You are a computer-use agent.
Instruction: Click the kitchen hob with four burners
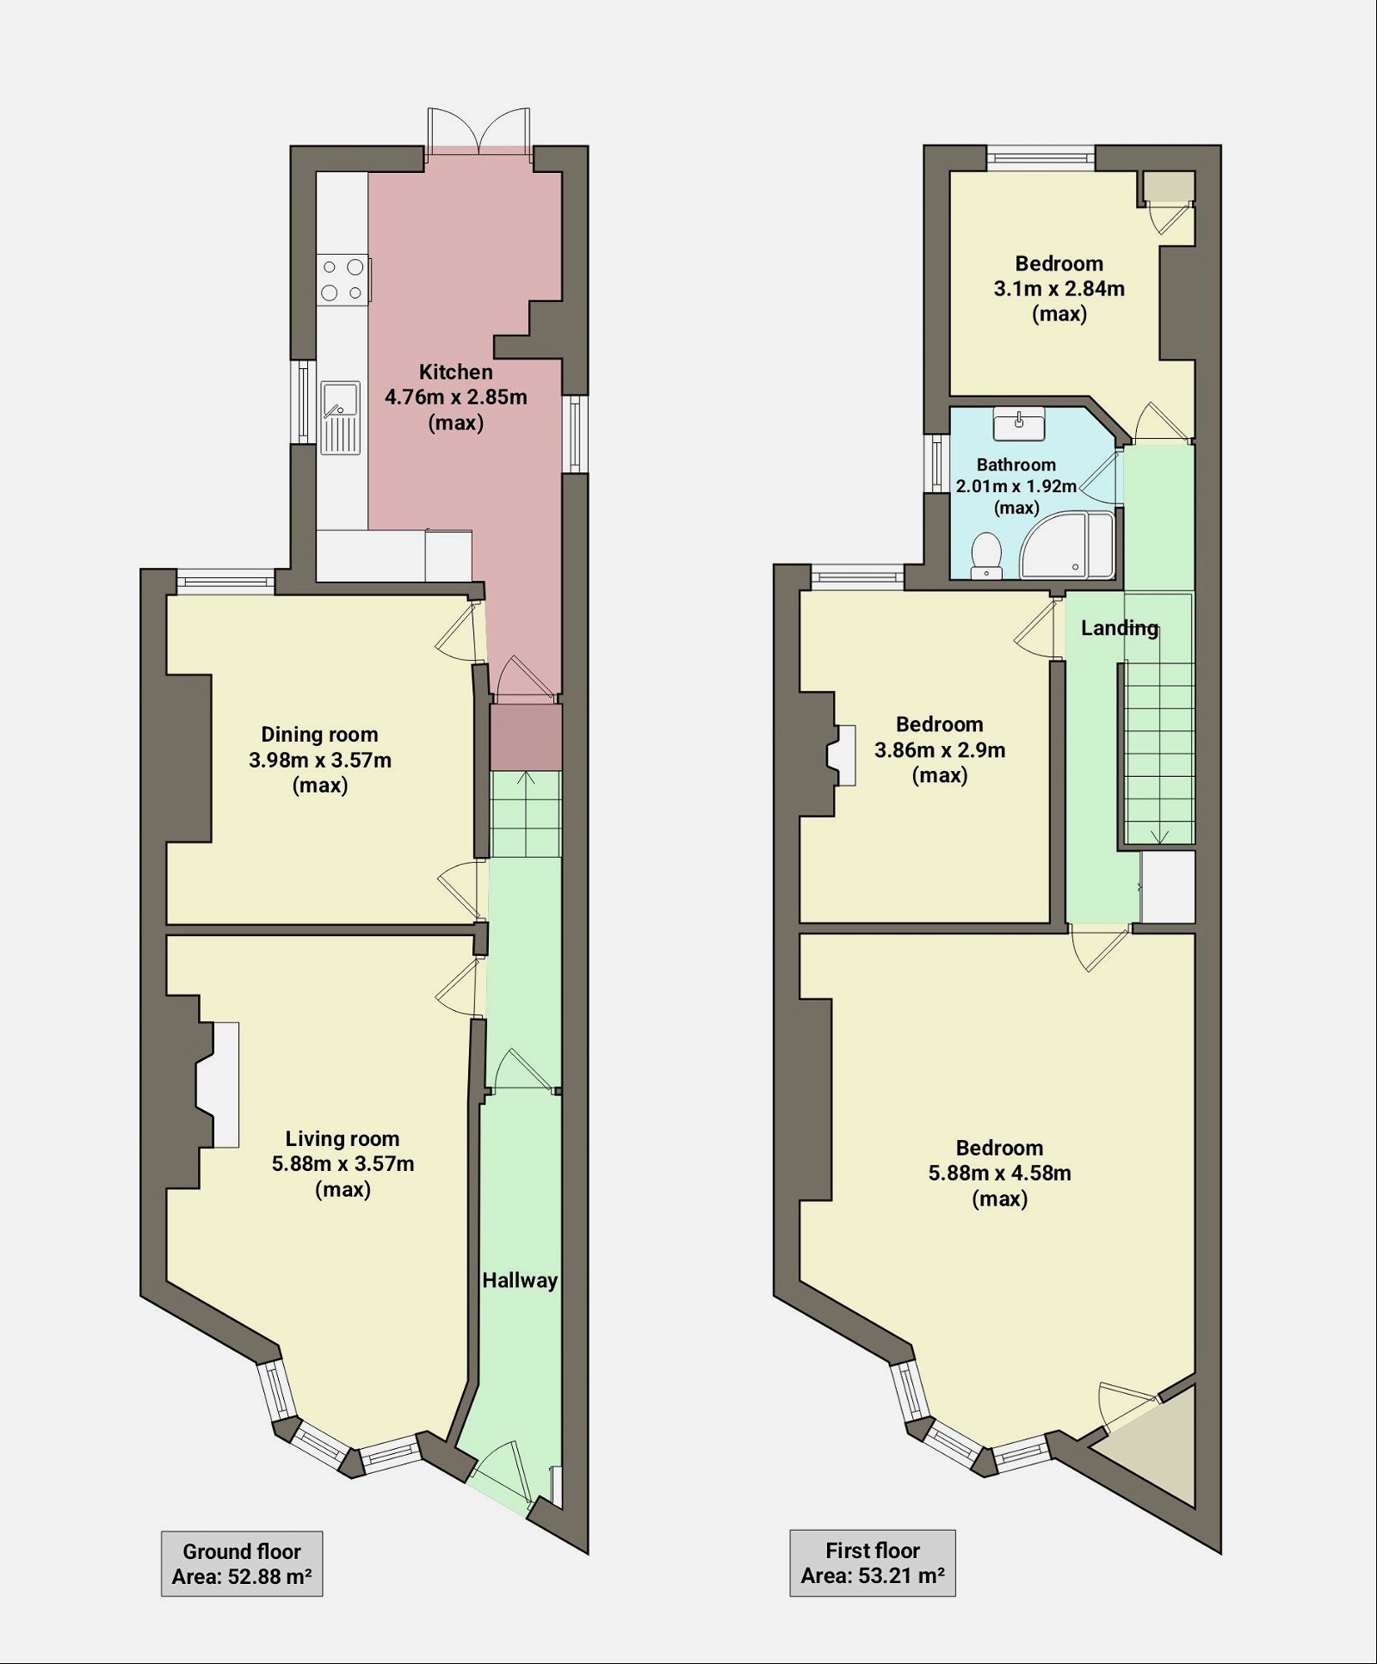[343, 280]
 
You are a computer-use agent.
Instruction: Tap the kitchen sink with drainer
[341, 417]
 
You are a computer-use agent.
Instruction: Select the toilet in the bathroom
[985, 555]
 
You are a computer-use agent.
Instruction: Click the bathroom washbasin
[1019, 423]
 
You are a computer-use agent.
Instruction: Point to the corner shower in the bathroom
[1067, 545]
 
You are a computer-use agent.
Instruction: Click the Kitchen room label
[455, 373]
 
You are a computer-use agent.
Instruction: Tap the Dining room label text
[319, 735]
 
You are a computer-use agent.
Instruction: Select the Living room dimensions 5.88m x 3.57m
[343, 1164]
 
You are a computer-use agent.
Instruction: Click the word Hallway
[520, 1280]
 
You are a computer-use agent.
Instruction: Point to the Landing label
[1119, 628]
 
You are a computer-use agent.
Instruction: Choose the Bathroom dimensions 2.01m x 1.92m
[1016, 486]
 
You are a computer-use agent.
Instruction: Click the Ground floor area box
[242, 1563]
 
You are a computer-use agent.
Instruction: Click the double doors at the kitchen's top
[479, 129]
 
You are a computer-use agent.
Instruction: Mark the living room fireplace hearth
[226, 1084]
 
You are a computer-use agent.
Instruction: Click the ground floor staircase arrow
[525, 779]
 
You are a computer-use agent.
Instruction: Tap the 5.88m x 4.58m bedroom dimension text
[999, 1174]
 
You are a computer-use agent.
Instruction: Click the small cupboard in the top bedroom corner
[1169, 186]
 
